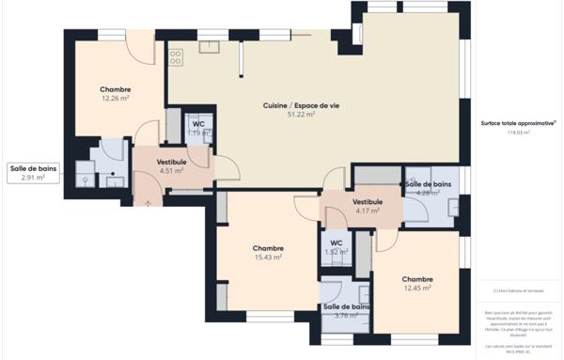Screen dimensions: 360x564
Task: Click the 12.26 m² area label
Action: pyautogui.click(x=115, y=98)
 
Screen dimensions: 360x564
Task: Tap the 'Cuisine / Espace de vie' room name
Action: pyautogui.click(x=301, y=105)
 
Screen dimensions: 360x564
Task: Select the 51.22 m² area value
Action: pyautogui.click(x=301, y=115)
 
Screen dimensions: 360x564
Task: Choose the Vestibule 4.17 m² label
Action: pyautogui.click(x=367, y=207)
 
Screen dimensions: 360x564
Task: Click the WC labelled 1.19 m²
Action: pyautogui.click(x=197, y=129)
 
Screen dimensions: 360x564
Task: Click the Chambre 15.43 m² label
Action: pyautogui.click(x=268, y=253)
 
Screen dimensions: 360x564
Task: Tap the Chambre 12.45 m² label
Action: pyautogui.click(x=417, y=284)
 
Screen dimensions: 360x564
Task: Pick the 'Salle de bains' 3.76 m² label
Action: pyautogui.click(x=346, y=311)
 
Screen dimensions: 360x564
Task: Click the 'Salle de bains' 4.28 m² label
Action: pyautogui.click(x=428, y=188)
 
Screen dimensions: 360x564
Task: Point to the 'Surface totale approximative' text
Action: pyautogui.click(x=518, y=123)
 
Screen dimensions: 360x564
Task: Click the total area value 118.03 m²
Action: pyautogui.click(x=518, y=133)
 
